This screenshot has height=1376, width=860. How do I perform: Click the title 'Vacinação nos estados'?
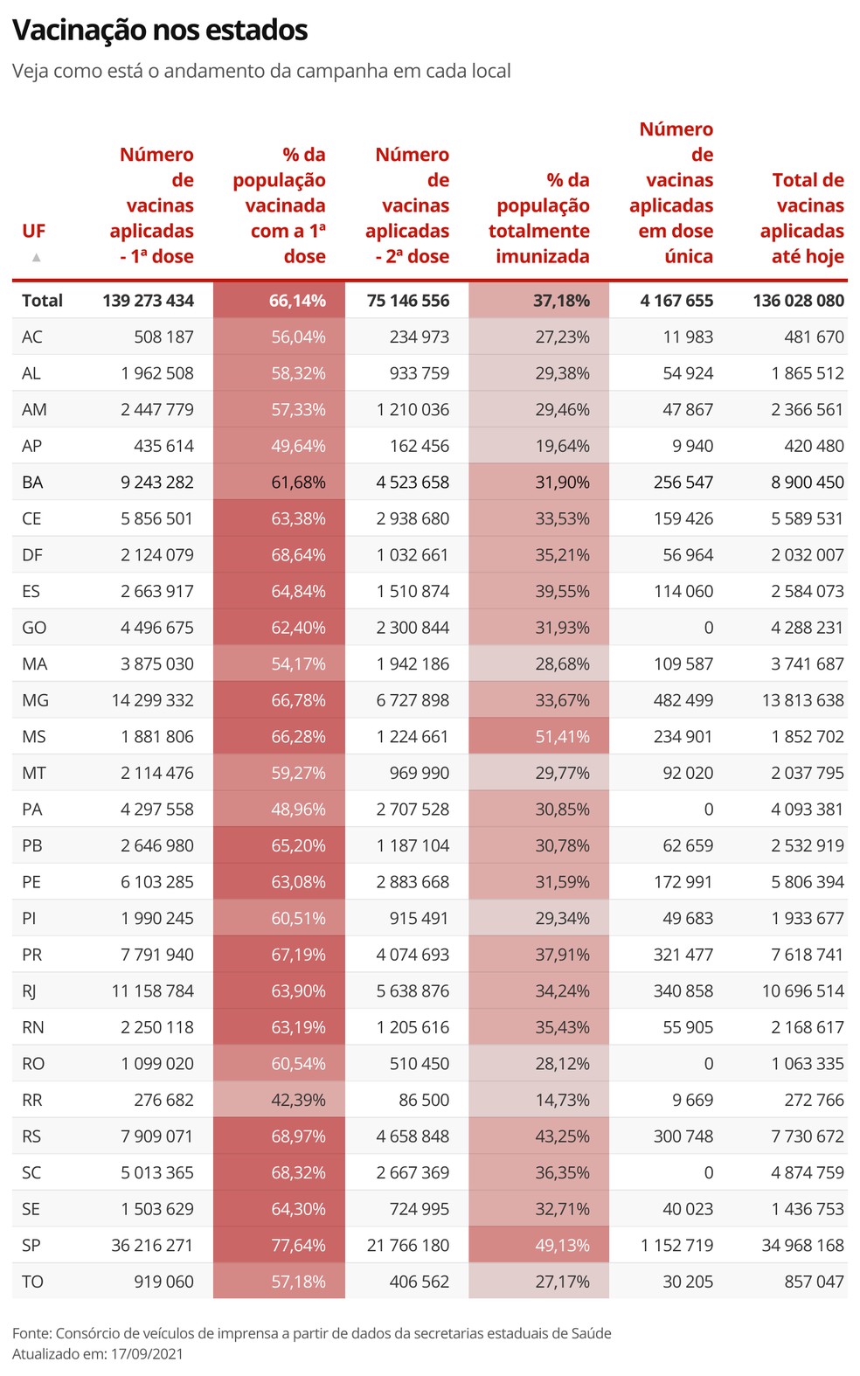[160, 31]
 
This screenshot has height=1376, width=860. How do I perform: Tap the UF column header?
[33, 231]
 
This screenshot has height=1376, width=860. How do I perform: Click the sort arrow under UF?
[36, 257]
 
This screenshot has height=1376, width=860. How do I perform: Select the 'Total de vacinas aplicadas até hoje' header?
[801, 218]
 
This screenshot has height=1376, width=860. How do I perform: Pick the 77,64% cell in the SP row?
[298, 1245]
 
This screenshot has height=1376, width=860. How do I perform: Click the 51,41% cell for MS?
[562, 736]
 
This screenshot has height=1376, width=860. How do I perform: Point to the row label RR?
[32, 1100]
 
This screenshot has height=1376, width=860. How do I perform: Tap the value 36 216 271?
[152, 1245]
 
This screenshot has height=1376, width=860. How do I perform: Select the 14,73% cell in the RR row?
[562, 1100]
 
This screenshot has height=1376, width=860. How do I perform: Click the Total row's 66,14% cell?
[297, 301]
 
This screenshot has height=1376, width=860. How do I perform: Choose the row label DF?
[32, 555]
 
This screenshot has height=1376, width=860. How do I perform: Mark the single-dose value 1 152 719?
[676, 1245]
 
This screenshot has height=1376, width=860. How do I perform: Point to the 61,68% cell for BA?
[298, 483]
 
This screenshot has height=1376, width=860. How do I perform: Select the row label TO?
[32, 1282]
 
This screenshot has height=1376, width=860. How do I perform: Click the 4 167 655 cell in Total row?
[676, 301]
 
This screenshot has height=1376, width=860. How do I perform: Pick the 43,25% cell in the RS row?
[562, 1136]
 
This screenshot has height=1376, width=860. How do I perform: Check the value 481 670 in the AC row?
[814, 337]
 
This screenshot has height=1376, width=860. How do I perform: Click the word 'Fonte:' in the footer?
[31, 1333]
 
